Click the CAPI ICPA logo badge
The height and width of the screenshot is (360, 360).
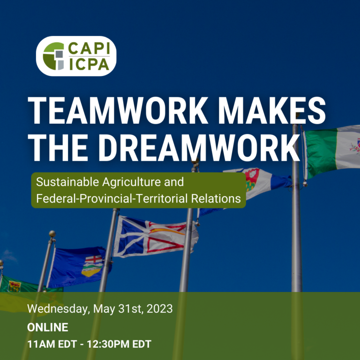click(76, 56)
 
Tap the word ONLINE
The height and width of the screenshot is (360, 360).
click(47, 327)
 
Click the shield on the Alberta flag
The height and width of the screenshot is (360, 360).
click(92, 266)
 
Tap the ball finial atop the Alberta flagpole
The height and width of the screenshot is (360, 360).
click(52, 233)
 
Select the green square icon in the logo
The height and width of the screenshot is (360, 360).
click(52, 57)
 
